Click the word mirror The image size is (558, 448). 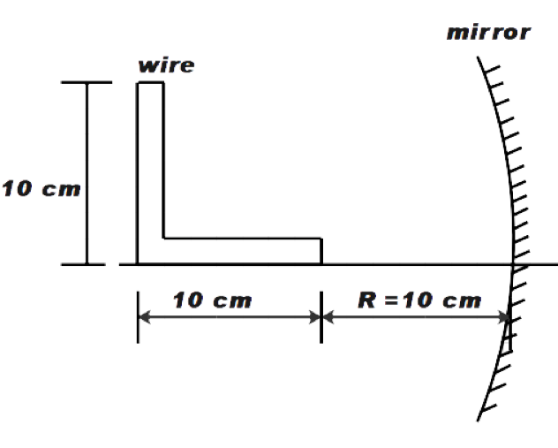(488, 34)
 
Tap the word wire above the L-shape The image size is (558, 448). (166, 65)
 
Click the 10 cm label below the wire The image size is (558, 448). (212, 300)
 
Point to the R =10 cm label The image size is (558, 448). (419, 300)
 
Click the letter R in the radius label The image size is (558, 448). (366, 300)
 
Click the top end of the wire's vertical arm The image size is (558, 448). (150, 83)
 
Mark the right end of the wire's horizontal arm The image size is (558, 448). (320, 251)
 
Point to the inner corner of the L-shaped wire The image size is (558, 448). (163, 238)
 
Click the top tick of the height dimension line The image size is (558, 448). (86, 83)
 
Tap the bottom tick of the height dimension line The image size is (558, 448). (86, 264)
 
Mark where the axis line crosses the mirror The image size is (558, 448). (513, 264)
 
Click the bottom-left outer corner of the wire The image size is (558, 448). (138, 263)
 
